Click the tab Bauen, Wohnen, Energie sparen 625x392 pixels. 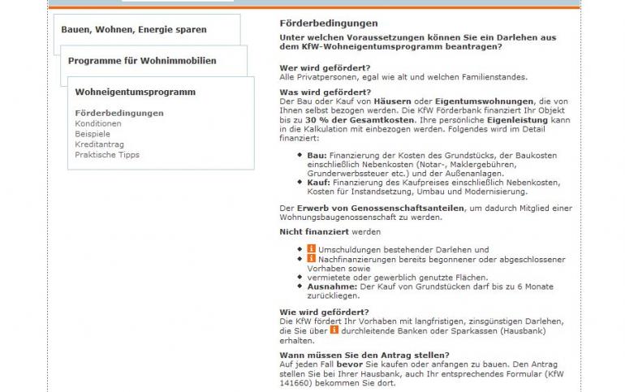point(134,30)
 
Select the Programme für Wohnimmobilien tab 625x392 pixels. point(142,61)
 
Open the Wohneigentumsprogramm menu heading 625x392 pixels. point(135,92)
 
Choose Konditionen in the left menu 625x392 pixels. point(97,123)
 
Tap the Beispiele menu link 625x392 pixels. point(93,134)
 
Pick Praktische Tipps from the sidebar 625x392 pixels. point(107,155)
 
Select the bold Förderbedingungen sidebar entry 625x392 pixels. point(119,113)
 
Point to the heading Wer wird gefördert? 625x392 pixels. point(325,67)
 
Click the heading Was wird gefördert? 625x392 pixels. point(325,93)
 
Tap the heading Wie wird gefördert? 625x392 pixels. point(324,312)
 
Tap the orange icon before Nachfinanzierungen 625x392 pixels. point(312,259)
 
